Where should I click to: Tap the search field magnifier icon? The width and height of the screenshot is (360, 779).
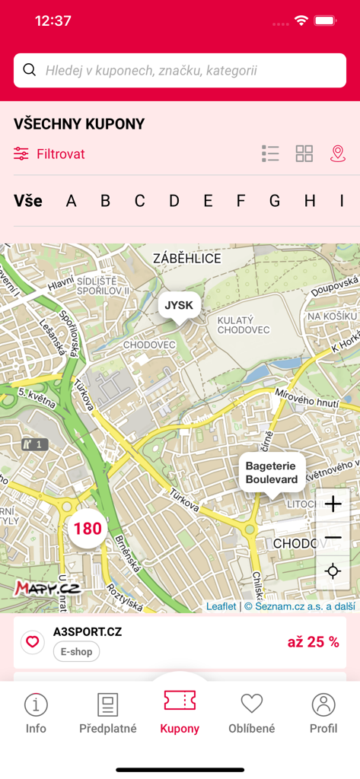coord(30,71)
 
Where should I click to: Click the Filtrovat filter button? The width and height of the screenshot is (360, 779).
coord(49,154)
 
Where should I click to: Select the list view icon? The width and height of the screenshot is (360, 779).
coord(270,154)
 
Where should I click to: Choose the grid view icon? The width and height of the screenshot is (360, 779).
coord(304,154)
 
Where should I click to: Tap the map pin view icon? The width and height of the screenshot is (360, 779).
coord(338,154)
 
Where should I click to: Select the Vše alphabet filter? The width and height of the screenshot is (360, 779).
coord(28,201)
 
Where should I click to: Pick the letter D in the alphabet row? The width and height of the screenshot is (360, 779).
coord(174,201)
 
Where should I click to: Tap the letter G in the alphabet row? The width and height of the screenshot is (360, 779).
coord(275,201)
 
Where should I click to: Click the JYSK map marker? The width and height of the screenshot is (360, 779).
coord(180,306)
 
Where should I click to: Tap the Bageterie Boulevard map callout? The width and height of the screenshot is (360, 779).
coord(272,472)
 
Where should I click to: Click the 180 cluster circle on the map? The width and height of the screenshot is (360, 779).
coord(88,528)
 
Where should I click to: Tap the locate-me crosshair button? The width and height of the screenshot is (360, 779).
coord(333,571)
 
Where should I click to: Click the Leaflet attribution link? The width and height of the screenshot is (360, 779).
coord(221,606)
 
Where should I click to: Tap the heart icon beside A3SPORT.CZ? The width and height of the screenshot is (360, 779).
coord(32,642)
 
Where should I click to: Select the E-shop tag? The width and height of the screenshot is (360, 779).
coord(76,652)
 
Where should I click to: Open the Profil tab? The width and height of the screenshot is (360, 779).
coord(323,713)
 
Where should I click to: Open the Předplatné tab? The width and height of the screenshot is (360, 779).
coord(108,713)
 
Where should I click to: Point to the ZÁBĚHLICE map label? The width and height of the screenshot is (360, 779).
coord(187,259)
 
